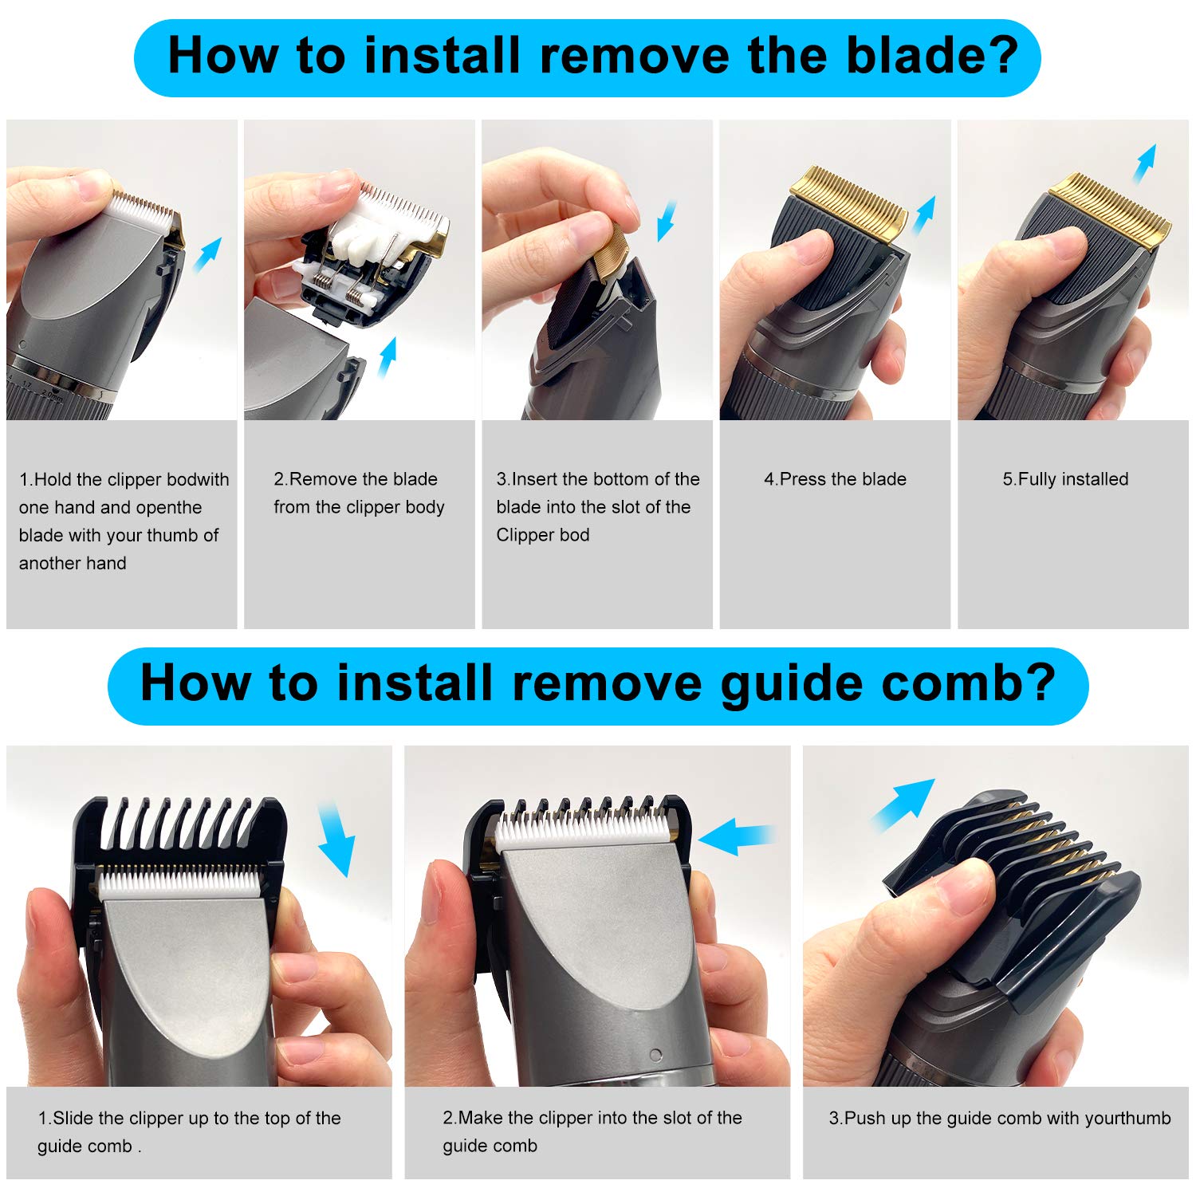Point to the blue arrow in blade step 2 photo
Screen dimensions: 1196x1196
click(x=388, y=357)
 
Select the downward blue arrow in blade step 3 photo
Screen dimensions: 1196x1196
click(x=667, y=220)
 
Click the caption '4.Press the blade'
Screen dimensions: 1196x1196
click(x=835, y=479)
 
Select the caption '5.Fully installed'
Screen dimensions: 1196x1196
click(x=1065, y=479)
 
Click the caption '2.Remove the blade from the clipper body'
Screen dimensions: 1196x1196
click(x=358, y=493)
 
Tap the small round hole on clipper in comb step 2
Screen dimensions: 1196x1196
click(x=655, y=1055)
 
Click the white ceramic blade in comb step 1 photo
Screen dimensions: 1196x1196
click(x=179, y=881)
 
